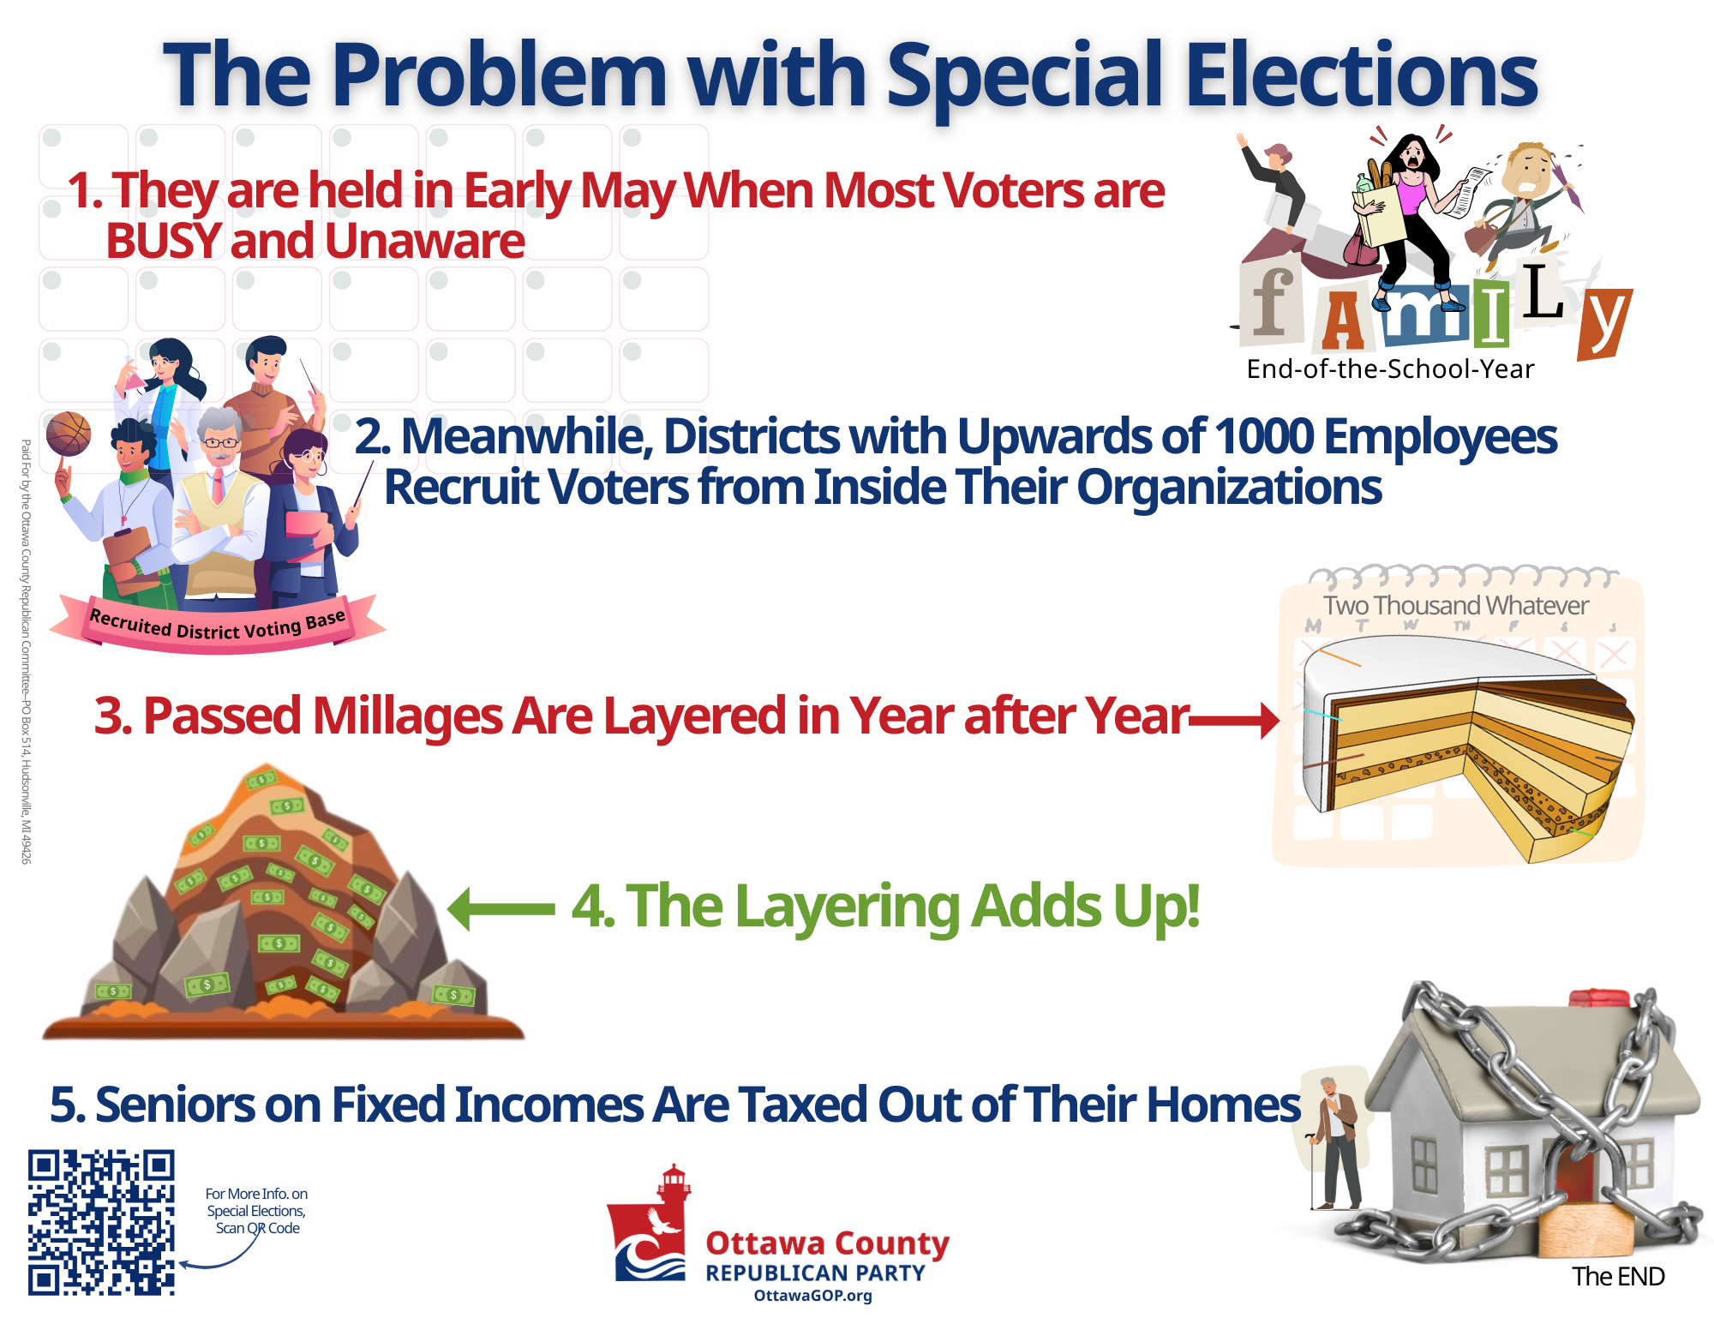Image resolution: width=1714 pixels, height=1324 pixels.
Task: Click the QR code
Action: coord(101,1222)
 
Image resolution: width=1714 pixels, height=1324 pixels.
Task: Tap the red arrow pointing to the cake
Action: coord(1234,720)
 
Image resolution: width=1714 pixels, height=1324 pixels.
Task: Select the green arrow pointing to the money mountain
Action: coord(501,908)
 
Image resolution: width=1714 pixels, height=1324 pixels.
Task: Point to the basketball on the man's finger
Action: coord(68,434)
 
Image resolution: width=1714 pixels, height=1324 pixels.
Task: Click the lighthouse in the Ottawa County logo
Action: coord(674,1191)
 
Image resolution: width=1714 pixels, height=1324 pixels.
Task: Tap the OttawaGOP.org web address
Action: coord(812,1296)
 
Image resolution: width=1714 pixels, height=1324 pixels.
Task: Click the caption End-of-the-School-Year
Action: coord(1390,368)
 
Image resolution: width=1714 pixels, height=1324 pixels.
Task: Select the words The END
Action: coord(1618,1276)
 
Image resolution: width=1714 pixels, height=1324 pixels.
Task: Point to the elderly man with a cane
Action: coord(1333,1144)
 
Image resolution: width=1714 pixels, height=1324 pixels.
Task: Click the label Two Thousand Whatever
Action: coord(1455,605)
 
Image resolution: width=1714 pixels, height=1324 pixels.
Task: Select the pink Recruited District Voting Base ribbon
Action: coord(218,626)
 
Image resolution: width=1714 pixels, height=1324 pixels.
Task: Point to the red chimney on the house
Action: coord(1598,999)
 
